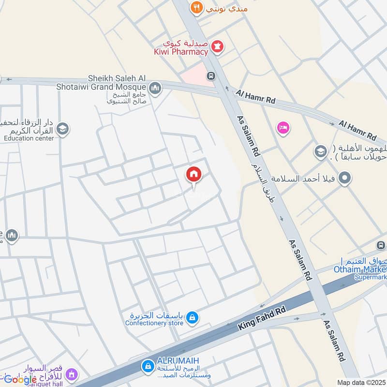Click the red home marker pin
click(x=194, y=175)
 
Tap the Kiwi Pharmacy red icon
click(x=218, y=47)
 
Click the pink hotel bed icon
click(x=283, y=128)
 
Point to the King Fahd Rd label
click(x=262, y=318)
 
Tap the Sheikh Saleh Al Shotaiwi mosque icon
click(x=155, y=88)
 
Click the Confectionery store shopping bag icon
click(x=193, y=317)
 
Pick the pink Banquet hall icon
click(x=72, y=374)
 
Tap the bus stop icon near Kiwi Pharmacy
click(x=211, y=76)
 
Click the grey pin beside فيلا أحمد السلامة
click(x=345, y=179)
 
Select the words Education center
click(x=29, y=138)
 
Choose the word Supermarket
click(x=371, y=277)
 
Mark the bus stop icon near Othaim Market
click(x=381, y=245)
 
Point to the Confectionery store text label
click(x=154, y=323)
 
